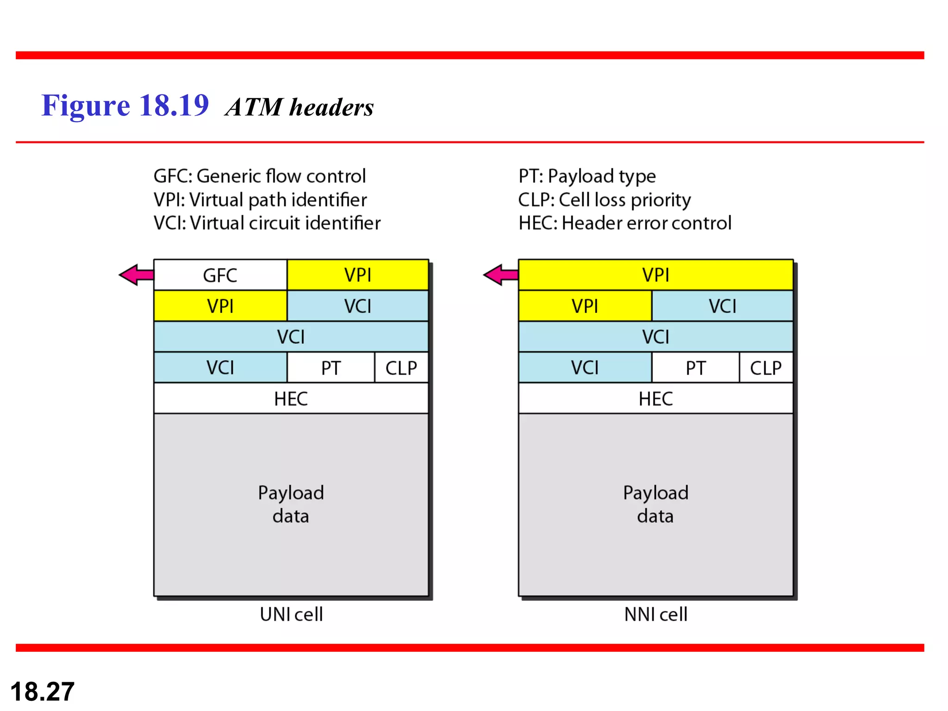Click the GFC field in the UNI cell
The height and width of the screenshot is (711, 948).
click(x=220, y=275)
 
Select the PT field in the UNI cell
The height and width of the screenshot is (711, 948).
click(x=331, y=368)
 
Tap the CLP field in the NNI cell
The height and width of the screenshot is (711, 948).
click(x=766, y=368)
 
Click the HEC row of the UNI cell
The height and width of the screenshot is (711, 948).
click(x=291, y=399)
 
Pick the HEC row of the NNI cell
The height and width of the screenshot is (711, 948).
click(x=655, y=399)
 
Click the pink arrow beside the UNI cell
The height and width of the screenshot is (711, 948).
click(x=136, y=275)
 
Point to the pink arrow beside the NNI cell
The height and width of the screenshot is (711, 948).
click(x=500, y=275)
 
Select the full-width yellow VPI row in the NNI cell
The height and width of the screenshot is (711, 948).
click(x=655, y=275)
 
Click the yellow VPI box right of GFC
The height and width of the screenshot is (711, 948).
click(x=357, y=275)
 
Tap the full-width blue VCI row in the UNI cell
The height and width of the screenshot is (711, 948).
click(x=291, y=337)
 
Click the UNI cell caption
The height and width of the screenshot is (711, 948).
click(x=291, y=614)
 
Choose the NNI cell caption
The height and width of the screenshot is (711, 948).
click(x=655, y=614)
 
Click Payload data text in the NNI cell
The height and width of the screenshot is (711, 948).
click(x=655, y=504)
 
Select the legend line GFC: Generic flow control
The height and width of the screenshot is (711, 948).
click(x=259, y=176)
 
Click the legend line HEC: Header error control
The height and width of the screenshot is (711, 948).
click(x=624, y=223)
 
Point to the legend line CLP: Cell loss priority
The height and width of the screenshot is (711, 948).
click(x=604, y=200)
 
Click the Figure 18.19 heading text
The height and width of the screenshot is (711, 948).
click(x=125, y=106)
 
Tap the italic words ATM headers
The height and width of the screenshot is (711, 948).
click(x=299, y=107)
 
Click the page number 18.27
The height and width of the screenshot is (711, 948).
click(x=42, y=692)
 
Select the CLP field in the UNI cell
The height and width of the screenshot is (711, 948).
click(x=401, y=368)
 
